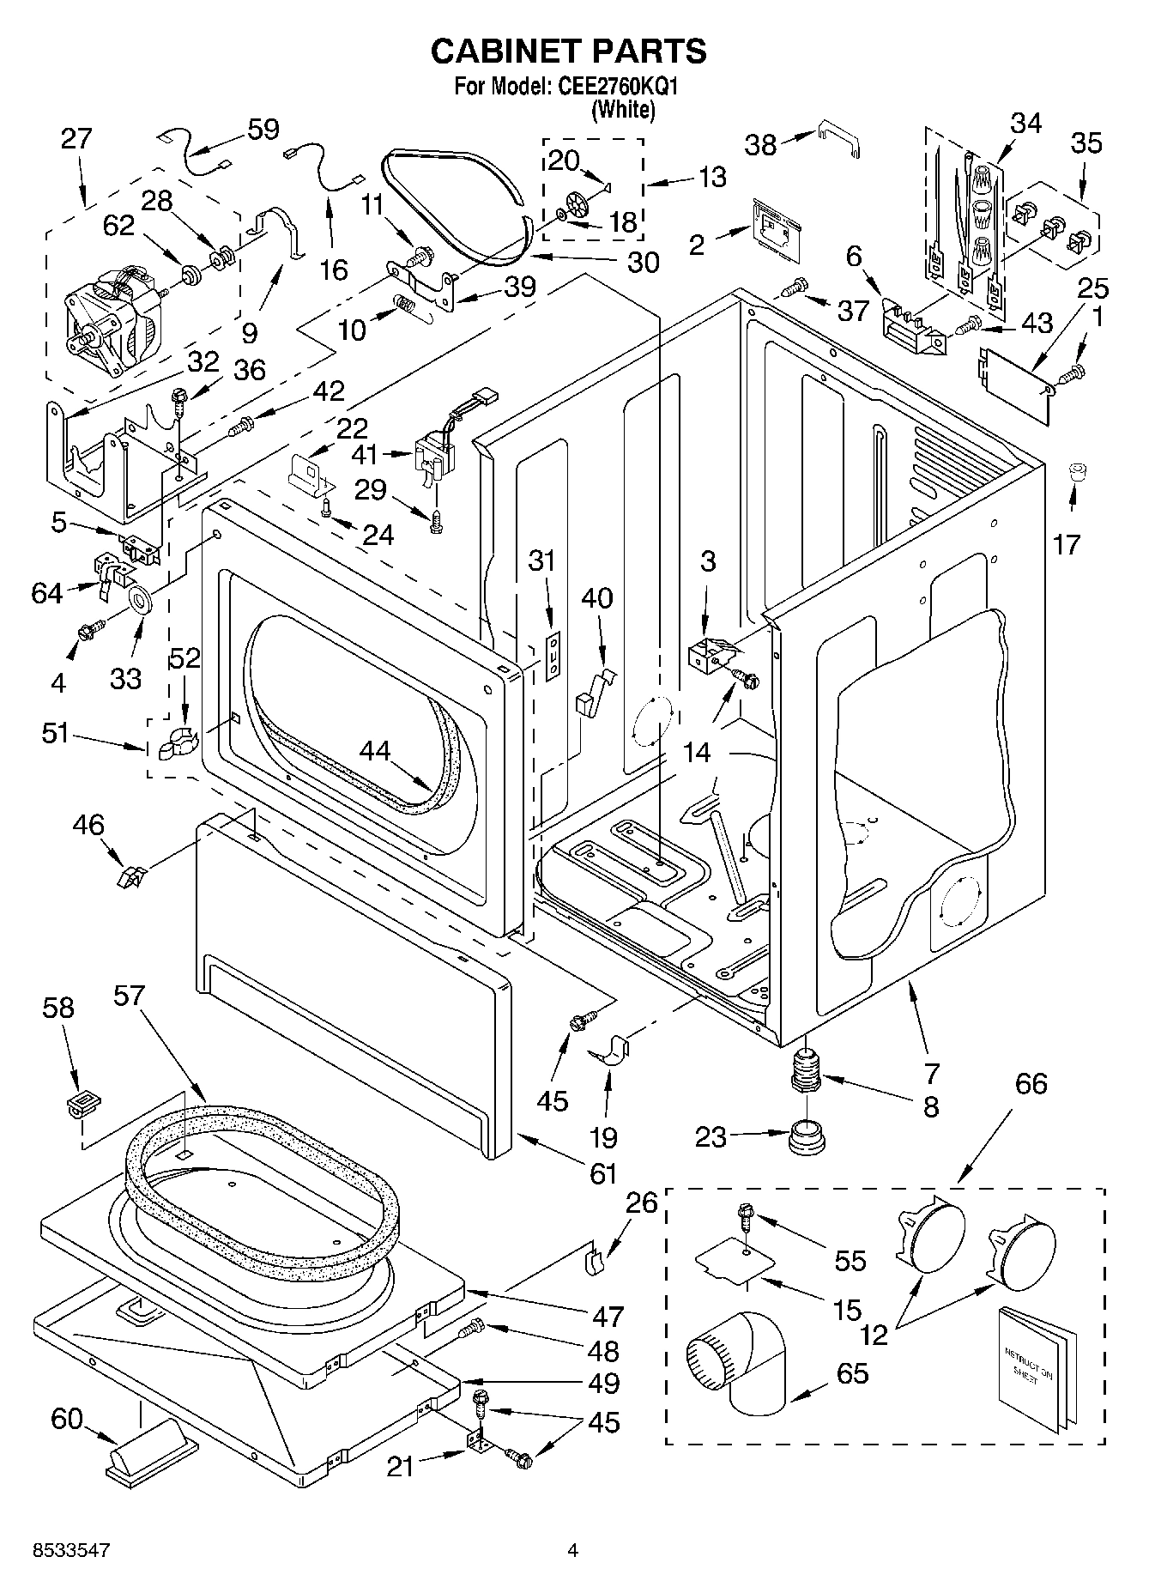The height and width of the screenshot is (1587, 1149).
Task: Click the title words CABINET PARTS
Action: click(568, 51)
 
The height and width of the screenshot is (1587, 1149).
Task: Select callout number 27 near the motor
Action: click(76, 139)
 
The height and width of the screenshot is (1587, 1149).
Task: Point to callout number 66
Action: click(1031, 1084)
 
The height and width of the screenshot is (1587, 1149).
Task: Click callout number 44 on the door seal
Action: click(375, 751)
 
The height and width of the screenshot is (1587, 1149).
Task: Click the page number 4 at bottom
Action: click(572, 1552)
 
